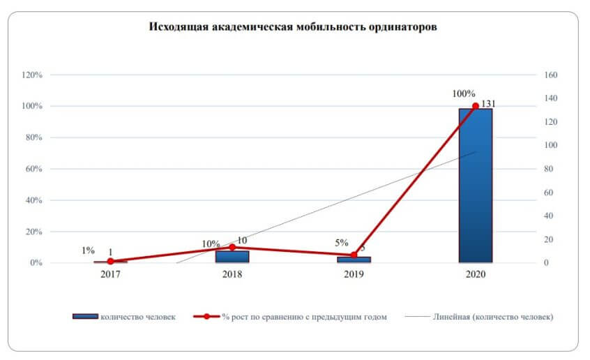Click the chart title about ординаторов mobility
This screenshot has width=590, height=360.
293,27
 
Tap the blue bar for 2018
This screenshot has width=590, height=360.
232,257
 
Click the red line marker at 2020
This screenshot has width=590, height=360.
476,106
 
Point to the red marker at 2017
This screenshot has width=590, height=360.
110,262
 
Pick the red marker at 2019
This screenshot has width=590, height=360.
354,255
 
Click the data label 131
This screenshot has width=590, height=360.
487,104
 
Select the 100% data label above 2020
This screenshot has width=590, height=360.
464,93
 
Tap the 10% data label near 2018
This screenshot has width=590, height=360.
211,243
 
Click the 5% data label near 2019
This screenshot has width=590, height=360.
341,243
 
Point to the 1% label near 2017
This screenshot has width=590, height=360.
88,250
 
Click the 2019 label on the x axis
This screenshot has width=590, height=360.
354,274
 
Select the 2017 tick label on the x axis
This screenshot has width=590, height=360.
110,274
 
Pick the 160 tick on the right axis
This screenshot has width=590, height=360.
552,75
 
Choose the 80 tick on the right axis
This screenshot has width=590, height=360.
550,169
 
